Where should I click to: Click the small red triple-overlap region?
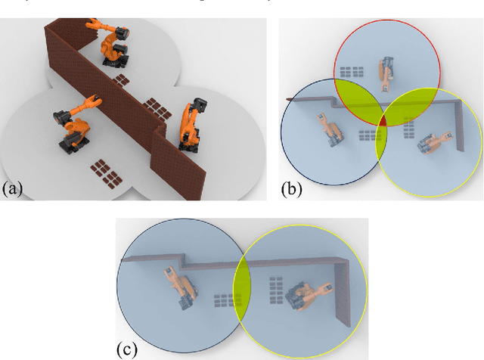click(x=383, y=122)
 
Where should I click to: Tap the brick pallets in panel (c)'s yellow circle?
click(x=275, y=287)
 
